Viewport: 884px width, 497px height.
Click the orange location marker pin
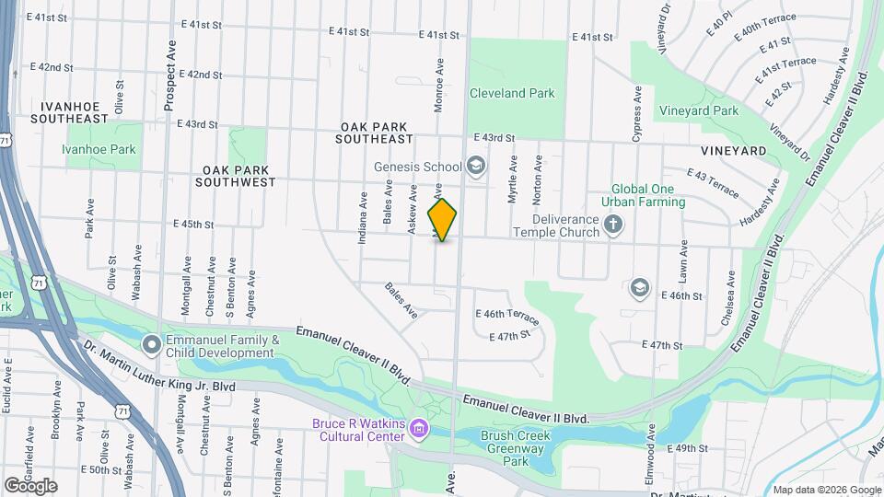point(443,219)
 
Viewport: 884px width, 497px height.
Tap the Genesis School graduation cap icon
point(476,167)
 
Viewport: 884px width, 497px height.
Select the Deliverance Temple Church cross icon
point(613,224)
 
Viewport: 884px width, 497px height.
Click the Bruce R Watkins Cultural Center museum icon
point(420,429)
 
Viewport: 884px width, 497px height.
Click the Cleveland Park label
point(512,93)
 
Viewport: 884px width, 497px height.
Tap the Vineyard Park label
point(699,110)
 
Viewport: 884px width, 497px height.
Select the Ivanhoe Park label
point(99,149)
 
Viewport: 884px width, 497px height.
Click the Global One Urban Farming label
point(638,195)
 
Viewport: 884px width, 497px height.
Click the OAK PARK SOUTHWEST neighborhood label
point(236,176)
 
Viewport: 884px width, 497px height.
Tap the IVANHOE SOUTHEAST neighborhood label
point(69,112)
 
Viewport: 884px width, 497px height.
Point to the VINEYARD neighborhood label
point(733,150)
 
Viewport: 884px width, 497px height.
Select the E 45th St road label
point(193,224)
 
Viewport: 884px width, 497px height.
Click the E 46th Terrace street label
point(506,316)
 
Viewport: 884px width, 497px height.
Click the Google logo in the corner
point(30,485)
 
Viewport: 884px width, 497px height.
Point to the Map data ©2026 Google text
point(827,490)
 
